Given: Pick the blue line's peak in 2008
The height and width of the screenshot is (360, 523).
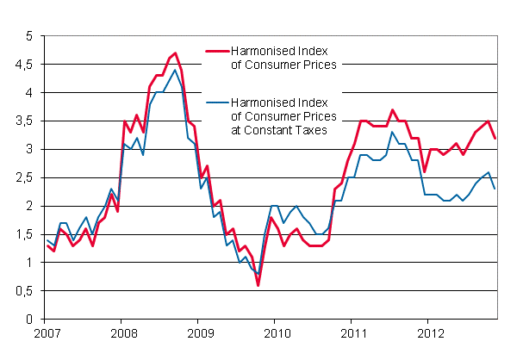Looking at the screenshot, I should (x=176, y=70).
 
